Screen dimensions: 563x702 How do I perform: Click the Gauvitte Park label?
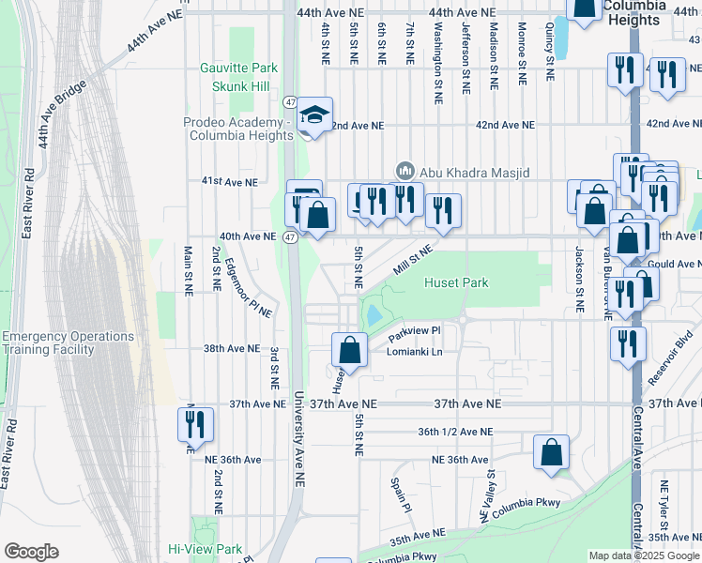(238, 68)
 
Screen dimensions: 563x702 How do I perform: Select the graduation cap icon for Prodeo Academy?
(313, 116)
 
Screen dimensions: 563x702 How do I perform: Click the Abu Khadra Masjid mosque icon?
(405, 171)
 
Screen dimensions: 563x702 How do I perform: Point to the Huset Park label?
(454, 281)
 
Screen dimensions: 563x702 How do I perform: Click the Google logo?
(31, 551)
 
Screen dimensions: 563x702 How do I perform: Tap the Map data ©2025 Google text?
(643, 555)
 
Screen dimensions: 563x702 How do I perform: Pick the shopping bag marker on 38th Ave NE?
(349, 351)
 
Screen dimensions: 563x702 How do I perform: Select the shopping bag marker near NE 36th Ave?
(551, 451)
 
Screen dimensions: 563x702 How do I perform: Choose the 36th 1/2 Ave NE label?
(455, 432)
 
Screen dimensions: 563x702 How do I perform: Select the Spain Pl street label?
(402, 494)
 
